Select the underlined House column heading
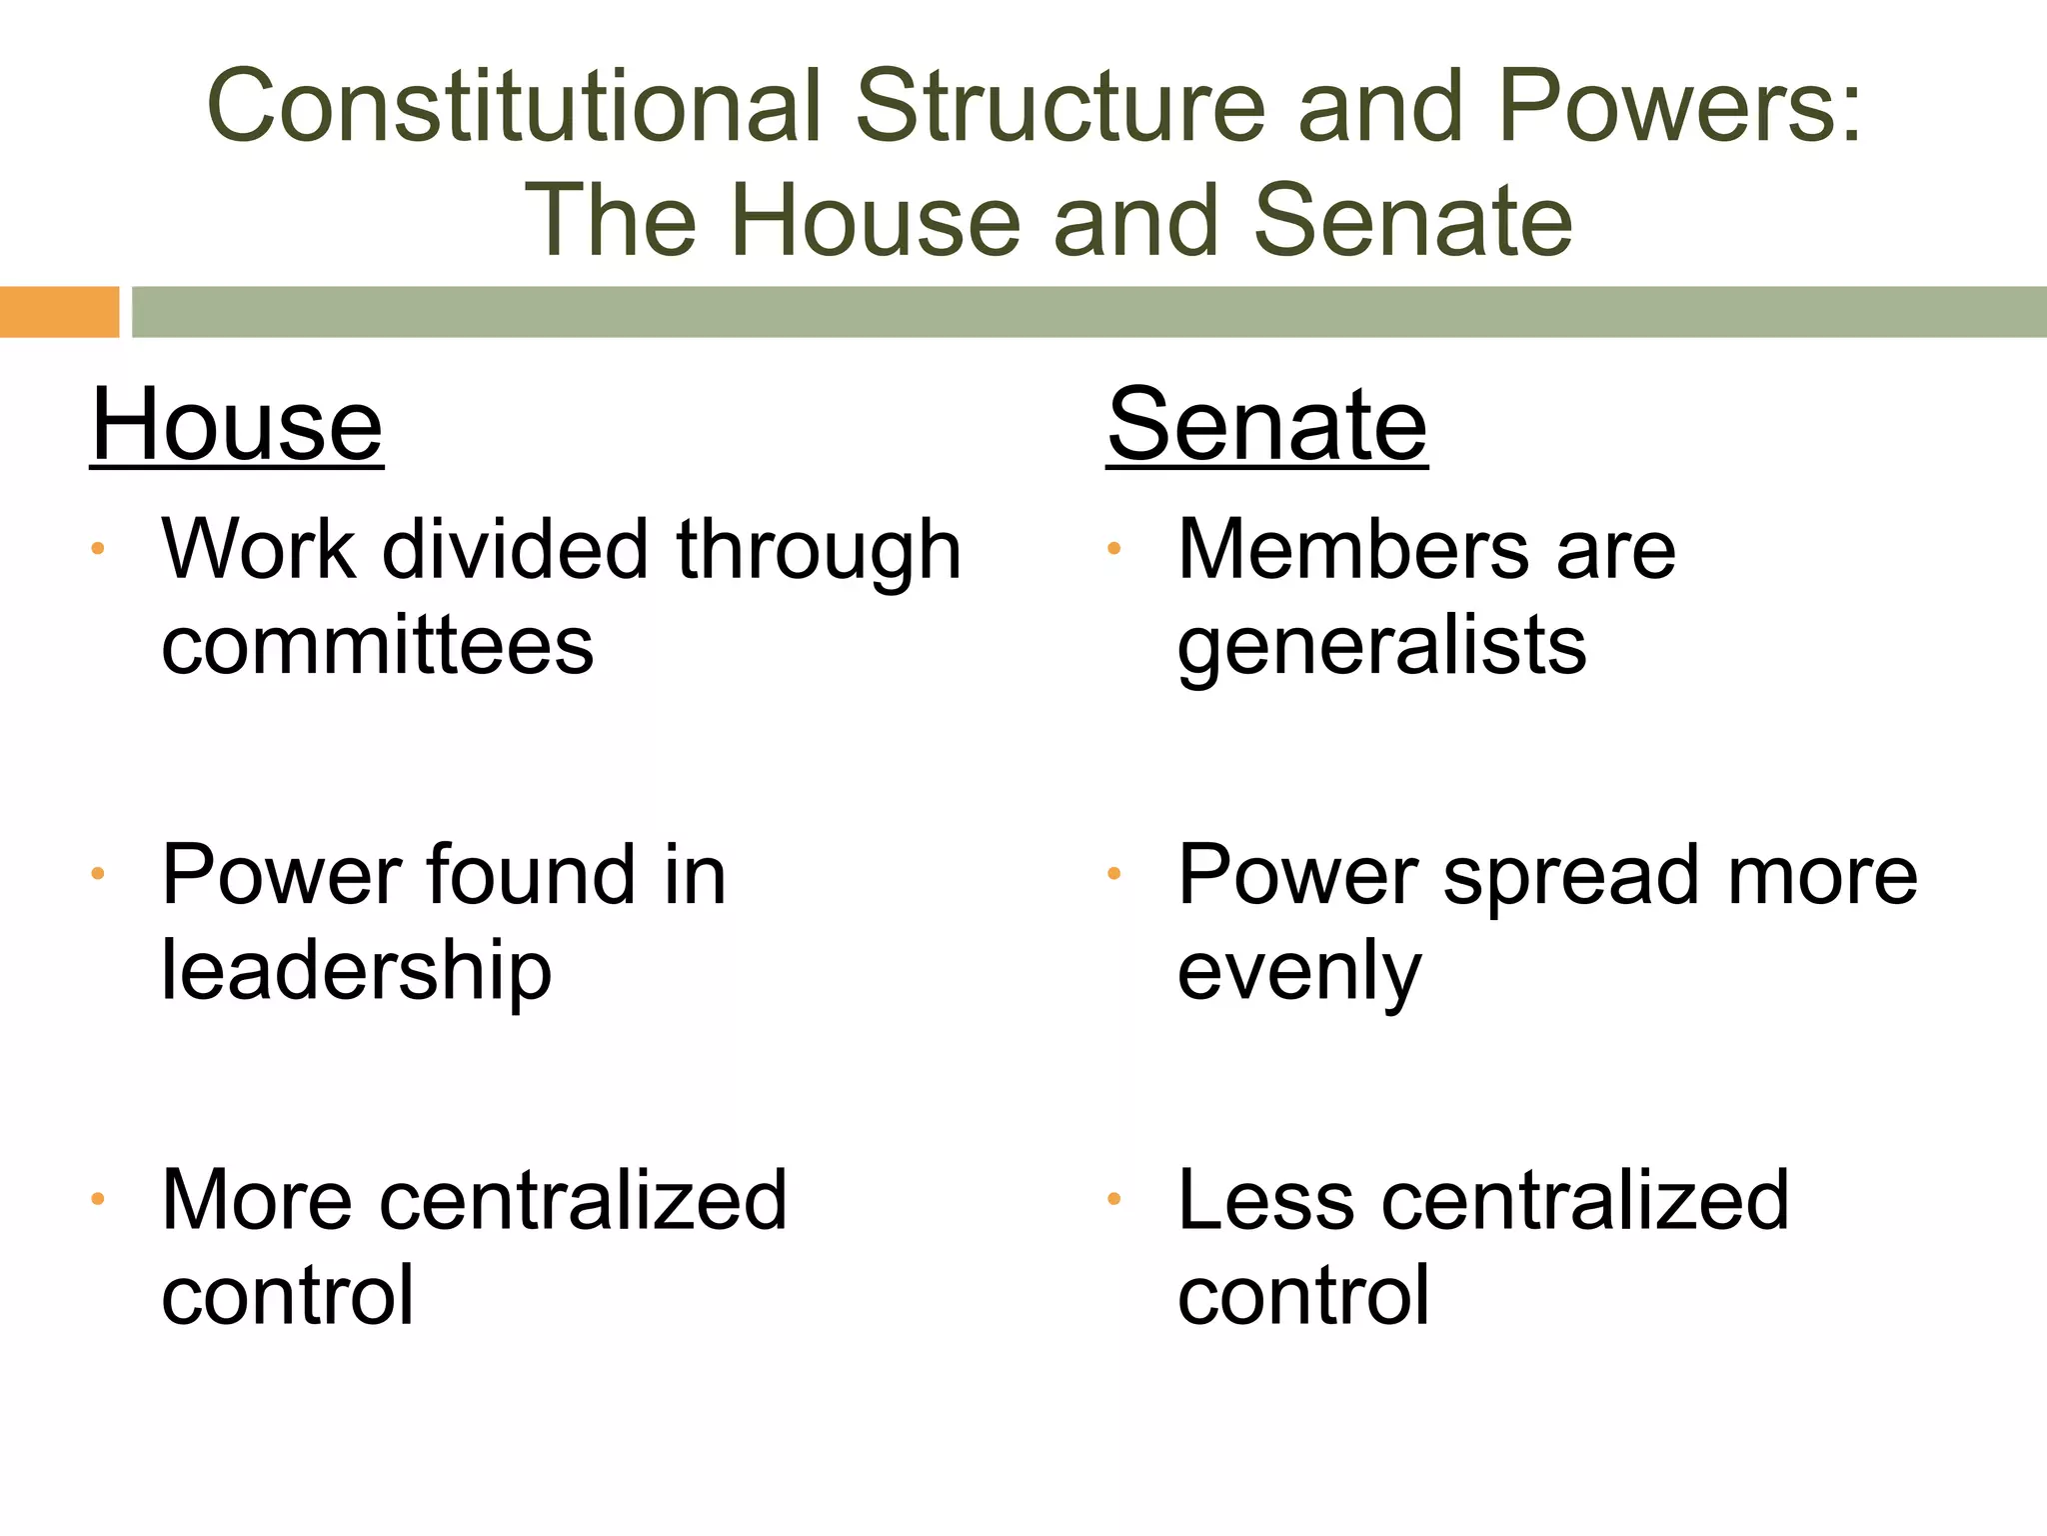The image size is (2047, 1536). (x=237, y=426)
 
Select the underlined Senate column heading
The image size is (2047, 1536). (x=1266, y=426)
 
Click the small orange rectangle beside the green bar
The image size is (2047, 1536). (x=59, y=311)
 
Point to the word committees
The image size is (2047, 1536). (x=377, y=646)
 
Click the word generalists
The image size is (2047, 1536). (x=1381, y=648)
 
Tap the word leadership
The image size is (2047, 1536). (x=357, y=972)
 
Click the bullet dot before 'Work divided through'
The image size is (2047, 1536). (x=97, y=548)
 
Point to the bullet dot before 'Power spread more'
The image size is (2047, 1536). (x=1113, y=874)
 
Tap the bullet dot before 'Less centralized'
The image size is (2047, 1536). (x=1113, y=1198)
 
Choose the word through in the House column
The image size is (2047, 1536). (x=819, y=552)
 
